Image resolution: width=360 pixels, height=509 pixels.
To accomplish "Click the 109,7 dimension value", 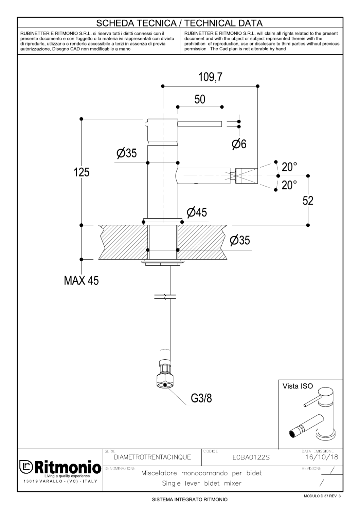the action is [x=210, y=77].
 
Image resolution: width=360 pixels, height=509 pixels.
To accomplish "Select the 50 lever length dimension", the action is [x=200, y=99].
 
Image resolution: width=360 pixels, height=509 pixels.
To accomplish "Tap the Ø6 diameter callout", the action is [x=239, y=144].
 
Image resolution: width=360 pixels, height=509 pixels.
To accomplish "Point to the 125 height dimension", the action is [x=82, y=172].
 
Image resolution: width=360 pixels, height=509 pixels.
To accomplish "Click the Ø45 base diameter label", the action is [x=197, y=212].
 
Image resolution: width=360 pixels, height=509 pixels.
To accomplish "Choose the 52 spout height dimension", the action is [x=308, y=201].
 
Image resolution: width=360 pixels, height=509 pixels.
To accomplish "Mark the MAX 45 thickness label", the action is [x=81, y=280].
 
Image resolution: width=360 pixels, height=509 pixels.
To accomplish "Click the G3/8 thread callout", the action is [x=201, y=398].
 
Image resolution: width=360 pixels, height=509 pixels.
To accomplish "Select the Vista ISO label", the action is [x=298, y=386].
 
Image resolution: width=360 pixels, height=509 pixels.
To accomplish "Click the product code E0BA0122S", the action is [x=251, y=457].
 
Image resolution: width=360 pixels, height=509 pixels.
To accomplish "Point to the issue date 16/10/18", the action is [x=322, y=457].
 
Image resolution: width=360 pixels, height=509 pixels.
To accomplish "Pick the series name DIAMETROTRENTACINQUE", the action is [x=152, y=457].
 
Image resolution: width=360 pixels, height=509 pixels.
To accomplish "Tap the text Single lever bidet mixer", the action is [x=201, y=483].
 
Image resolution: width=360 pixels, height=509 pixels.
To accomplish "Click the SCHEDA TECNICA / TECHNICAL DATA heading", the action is [x=179, y=23].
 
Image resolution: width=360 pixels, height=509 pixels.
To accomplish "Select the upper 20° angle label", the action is [x=289, y=167].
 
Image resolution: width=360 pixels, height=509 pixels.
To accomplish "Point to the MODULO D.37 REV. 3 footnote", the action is [x=322, y=496].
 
